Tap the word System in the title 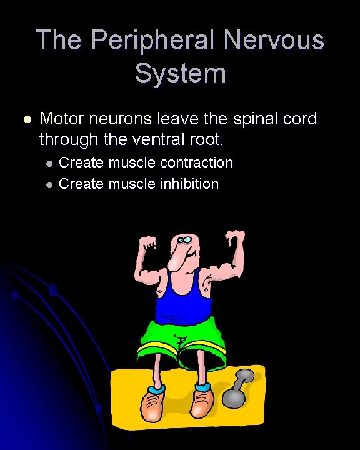[180, 73]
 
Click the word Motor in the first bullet [60, 119]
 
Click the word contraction [196, 163]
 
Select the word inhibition [189, 184]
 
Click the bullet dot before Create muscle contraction [49, 164]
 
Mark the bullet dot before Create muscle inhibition [49, 185]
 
